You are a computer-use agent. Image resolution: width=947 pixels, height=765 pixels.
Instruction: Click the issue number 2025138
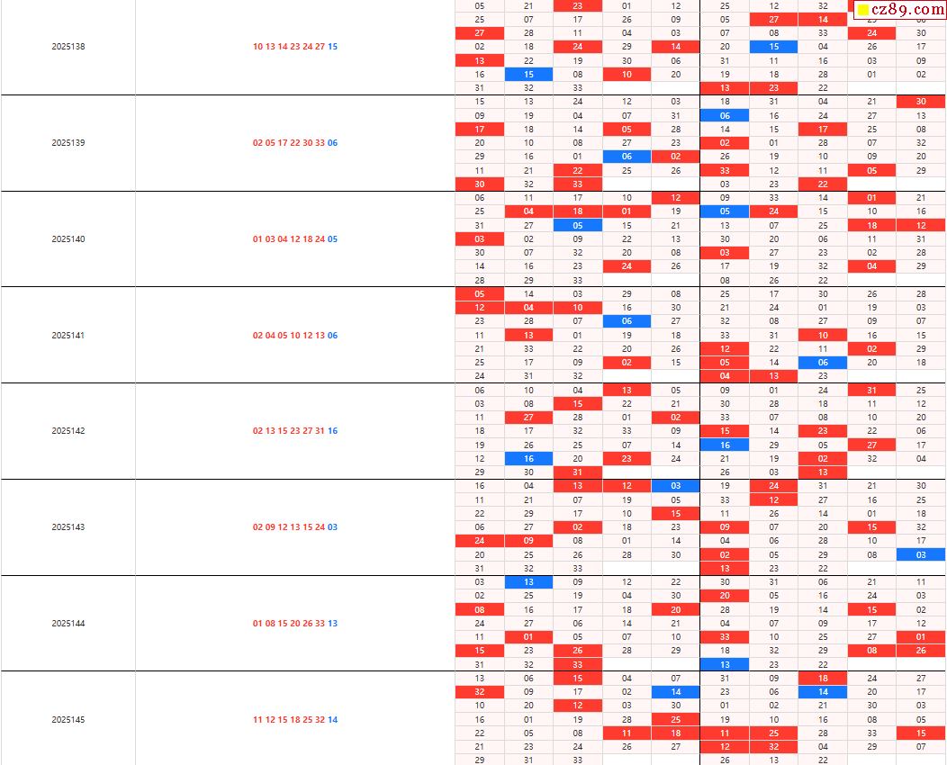pos(68,47)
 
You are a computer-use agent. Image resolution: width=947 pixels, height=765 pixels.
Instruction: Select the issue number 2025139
pos(68,143)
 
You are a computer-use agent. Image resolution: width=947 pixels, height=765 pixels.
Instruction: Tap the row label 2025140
pos(68,239)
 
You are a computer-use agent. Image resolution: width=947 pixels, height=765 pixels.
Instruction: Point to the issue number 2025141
pos(68,336)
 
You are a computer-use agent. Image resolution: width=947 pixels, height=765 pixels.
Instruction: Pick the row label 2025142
pos(68,431)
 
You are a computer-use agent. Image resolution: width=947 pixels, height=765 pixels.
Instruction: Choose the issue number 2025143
pos(68,527)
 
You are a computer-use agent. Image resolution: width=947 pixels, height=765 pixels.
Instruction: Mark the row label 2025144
pos(68,624)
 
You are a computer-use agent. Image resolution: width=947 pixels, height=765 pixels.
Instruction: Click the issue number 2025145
pos(68,720)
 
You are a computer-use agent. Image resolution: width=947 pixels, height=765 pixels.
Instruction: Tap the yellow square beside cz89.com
pos(863,11)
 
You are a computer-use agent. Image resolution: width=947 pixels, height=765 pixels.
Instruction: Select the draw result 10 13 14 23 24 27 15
pos(295,47)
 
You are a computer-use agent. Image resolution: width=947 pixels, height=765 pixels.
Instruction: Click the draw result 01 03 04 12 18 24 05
pos(295,239)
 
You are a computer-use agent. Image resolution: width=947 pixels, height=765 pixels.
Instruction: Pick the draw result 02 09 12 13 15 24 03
pos(295,527)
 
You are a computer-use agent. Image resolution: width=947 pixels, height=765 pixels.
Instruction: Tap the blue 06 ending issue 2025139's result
pos(333,143)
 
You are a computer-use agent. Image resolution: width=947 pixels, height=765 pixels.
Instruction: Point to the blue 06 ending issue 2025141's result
pos(333,336)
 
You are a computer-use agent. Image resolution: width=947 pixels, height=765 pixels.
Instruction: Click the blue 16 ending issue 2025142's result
pos(333,431)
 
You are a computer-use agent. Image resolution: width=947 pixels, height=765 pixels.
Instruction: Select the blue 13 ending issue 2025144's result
pos(333,624)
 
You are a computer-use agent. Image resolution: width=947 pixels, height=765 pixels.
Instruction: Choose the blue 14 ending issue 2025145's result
pos(333,720)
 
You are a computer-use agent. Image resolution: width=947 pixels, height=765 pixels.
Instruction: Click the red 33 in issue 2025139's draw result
pos(320,143)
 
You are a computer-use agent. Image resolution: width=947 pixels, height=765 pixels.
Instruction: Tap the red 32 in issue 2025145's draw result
pos(320,720)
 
